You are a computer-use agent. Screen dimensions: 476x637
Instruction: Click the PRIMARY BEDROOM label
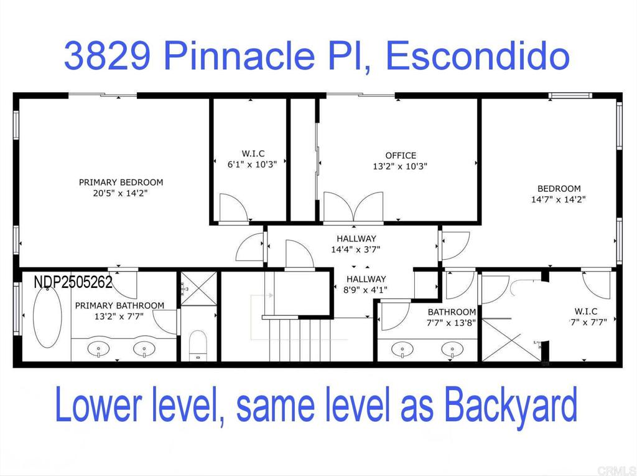(121, 183)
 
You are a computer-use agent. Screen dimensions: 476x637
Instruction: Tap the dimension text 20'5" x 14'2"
(121, 194)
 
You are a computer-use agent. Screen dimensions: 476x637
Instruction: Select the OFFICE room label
(401, 155)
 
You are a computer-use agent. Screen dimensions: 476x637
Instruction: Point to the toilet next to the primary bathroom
(197, 345)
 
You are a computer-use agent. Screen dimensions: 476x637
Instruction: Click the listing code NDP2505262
(73, 282)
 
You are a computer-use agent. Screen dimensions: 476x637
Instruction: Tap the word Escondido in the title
(477, 57)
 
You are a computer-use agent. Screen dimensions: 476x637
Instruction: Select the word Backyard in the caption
(511, 406)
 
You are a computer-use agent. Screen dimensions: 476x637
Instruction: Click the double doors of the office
(353, 206)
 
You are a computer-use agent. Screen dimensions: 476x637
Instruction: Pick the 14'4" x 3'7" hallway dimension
(356, 249)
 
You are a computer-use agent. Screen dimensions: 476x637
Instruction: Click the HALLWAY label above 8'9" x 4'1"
(366, 279)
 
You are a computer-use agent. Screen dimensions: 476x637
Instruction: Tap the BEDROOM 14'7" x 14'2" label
(559, 189)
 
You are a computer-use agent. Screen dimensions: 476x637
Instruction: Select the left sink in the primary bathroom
(99, 349)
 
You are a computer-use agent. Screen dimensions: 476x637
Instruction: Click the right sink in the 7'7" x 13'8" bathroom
(453, 350)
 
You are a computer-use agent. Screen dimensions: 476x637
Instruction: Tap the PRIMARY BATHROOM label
(119, 305)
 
